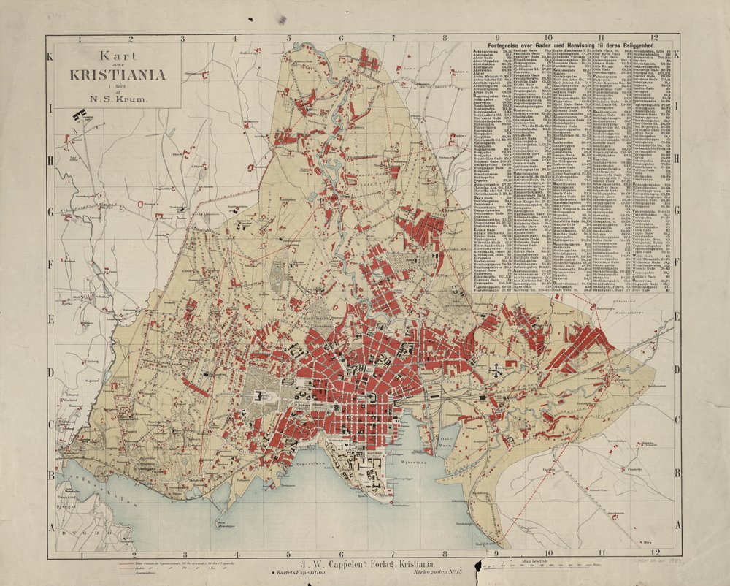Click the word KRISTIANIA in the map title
click(x=116, y=74)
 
